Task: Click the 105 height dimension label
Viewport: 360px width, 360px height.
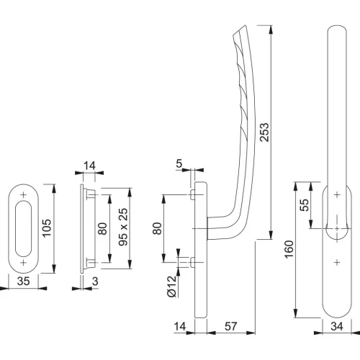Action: pyautogui.click(x=47, y=228)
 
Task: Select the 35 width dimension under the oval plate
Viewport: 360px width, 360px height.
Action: pyautogui.click(x=24, y=281)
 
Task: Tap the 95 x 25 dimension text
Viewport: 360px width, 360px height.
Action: pyautogui.click(x=124, y=227)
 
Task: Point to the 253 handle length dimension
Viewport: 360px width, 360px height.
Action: pyautogui.click(x=264, y=132)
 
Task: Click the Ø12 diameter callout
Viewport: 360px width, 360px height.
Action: pyautogui.click(x=172, y=287)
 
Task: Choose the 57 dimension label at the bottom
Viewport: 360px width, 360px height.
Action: pyautogui.click(x=230, y=326)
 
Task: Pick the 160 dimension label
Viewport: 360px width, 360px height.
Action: pyautogui.click(x=289, y=249)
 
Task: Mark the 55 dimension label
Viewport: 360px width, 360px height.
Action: pyautogui.click(x=305, y=204)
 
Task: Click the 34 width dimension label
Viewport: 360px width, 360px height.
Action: pyautogui.click(x=337, y=326)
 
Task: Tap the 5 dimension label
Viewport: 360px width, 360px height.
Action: pyautogui.click(x=179, y=163)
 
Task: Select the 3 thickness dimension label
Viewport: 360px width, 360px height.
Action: pyautogui.click(x=95, y=281)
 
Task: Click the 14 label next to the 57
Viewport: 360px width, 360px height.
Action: pyautogui.click(x=180, y=326)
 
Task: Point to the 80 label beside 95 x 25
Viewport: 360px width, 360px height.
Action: pyautogui.click(x=102, y=229)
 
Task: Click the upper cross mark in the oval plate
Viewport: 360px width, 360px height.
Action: pyautogui.click(x=23, y=195)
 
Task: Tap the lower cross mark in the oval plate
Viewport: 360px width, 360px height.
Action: pyautogui.click(x=23, y=263)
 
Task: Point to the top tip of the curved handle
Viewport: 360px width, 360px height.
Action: pyautogui.click(x=245, y=25)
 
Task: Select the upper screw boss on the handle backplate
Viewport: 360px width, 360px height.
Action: pyautogui.click(x=192, y=194)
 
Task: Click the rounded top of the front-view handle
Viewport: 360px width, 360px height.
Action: pyautogui.click(x=337, y=27)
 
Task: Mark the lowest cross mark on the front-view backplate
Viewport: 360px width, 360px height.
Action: pyautogui.click(x=337, y=263)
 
